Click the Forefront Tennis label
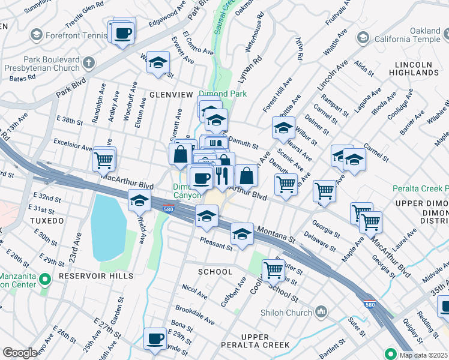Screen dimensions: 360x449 point(71,35)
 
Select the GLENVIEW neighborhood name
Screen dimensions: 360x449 point(171,95)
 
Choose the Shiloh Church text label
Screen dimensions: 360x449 point(286,312)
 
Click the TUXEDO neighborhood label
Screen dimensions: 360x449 point(46,221)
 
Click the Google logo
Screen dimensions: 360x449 point(19,353)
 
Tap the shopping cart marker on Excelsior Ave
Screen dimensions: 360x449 point(103,160)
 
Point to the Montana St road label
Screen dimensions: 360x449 point(277,235)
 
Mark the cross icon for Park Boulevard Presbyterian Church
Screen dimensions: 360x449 point(89,62)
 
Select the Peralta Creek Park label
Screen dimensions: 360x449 point(420,188)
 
